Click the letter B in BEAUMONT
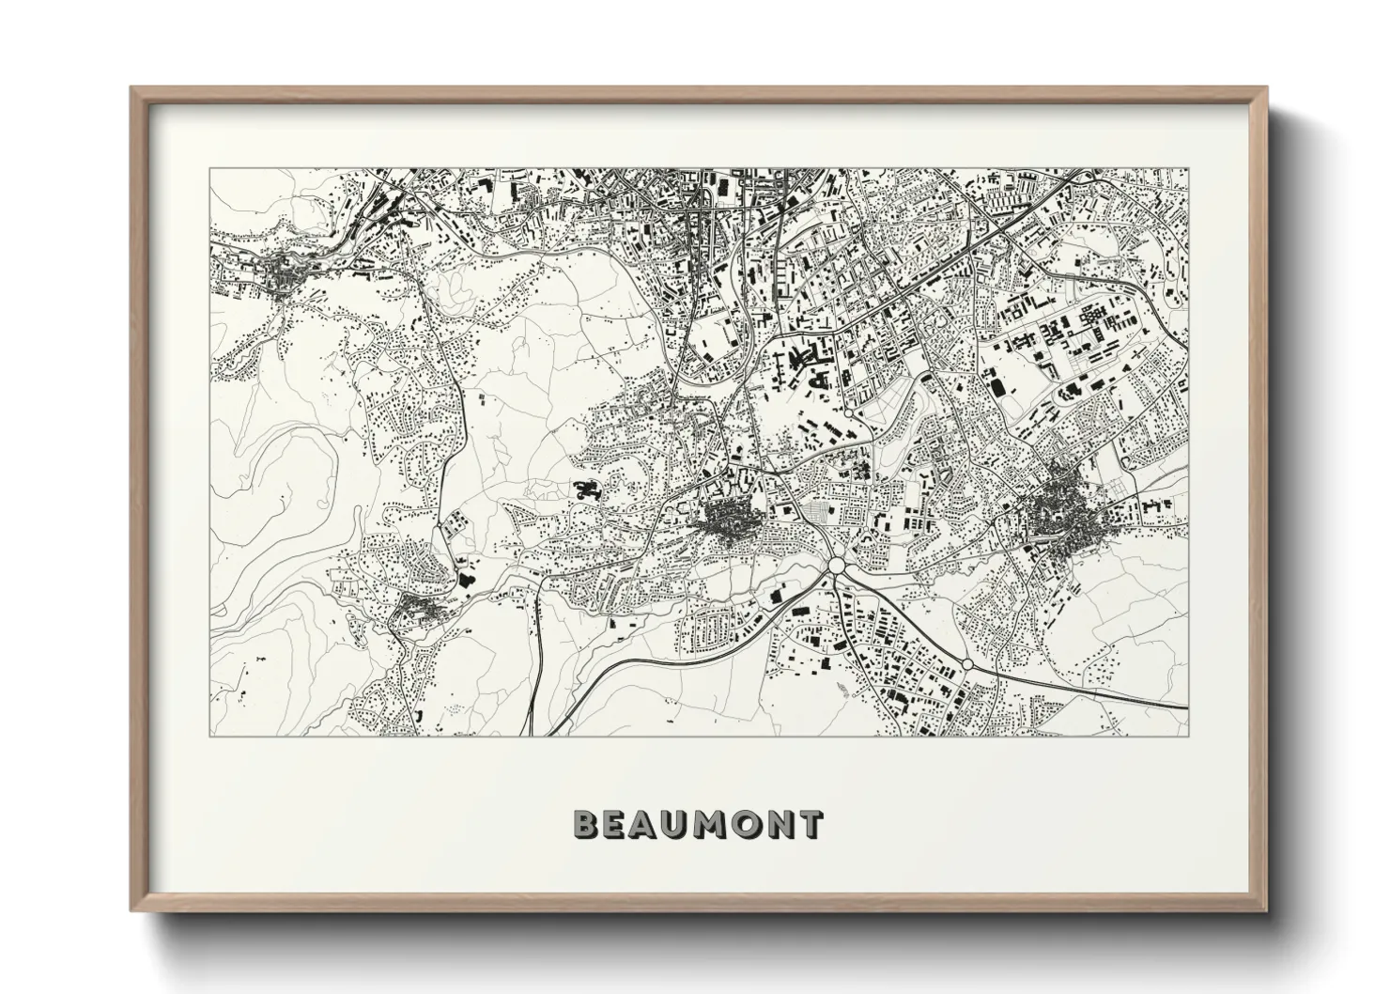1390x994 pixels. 586,825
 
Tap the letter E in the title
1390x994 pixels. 615,825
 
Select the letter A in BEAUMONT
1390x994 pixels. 646,825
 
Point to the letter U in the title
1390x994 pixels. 677,825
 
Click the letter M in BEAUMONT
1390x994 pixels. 712,825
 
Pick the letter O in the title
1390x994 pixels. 747,825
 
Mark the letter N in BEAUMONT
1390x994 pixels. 780,825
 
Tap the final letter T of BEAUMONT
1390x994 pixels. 810,825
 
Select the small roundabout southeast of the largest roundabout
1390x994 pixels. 967,664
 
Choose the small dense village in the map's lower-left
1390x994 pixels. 420,610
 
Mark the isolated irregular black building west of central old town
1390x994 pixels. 587,489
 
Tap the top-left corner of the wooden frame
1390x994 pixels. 132,88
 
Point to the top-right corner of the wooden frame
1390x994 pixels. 1266,88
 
